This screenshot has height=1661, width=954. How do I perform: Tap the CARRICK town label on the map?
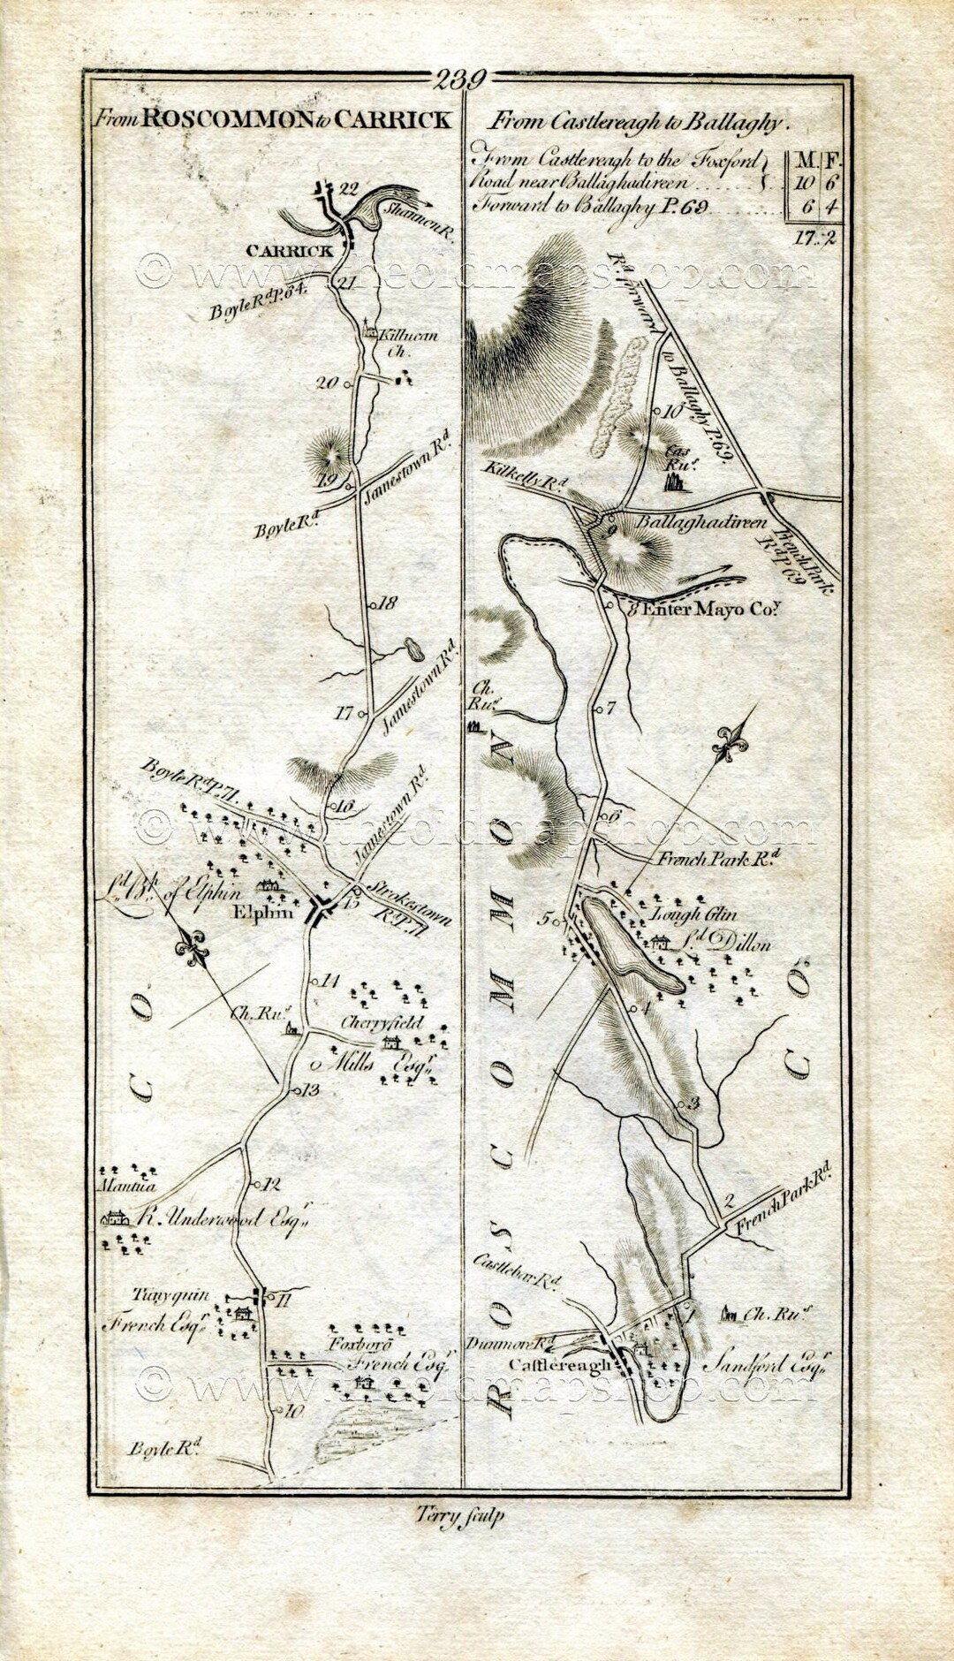click(x=290, y=251)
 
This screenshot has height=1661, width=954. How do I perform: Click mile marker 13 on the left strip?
click(x=309, y=1089)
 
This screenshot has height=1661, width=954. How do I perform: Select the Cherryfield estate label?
click(x=382, y=1023)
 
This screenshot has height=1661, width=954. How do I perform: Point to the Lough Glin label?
click(x=693, y=915)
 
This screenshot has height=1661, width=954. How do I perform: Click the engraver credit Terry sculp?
click(x=458, y=1515)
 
